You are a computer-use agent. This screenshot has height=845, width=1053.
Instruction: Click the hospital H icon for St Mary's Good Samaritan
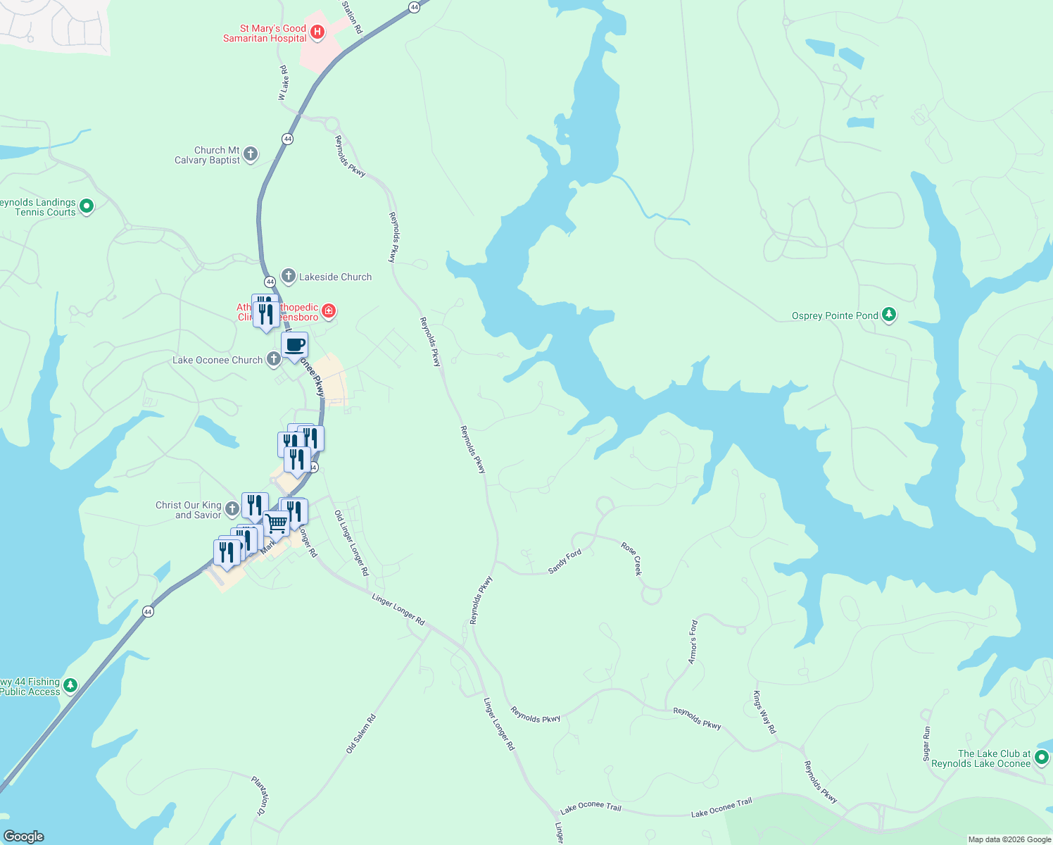317,32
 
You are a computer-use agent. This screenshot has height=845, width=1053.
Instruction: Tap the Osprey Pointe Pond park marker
889,315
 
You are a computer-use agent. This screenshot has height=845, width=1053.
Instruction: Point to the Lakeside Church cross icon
288,276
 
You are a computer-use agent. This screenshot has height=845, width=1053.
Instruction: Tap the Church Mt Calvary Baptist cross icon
250,155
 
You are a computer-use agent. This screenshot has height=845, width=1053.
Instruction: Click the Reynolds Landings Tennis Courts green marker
87,206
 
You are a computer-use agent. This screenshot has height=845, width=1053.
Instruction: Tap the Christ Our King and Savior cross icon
232,509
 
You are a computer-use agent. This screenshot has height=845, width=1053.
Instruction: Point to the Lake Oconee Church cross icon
273,359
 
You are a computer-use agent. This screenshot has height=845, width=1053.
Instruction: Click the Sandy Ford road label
565,561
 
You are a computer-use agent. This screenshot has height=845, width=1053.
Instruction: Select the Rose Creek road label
632,558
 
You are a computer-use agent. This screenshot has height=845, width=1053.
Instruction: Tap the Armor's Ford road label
693,641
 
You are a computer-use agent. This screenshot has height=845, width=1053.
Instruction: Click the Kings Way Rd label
764,713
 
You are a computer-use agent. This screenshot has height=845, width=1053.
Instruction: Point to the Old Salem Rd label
361,734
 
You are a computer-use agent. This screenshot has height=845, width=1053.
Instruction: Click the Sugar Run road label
926,744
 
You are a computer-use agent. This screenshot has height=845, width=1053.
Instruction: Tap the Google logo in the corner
24,836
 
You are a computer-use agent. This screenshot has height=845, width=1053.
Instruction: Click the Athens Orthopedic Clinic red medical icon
329,311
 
